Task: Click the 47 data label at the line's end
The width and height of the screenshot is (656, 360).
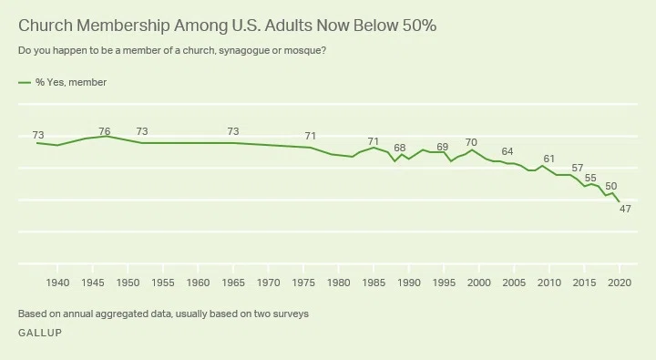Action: tap(625, 209)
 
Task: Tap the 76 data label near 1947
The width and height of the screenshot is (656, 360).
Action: tap(105, 131)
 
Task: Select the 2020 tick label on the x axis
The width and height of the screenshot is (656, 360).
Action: tap(620, 283)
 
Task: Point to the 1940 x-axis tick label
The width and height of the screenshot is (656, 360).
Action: tap(57, 283)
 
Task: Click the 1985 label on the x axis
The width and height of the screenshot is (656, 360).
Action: tap(374, 283)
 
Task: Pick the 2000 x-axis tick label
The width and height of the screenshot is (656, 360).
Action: tap(479, 283)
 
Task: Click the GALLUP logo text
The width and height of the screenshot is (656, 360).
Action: tap(40, 333)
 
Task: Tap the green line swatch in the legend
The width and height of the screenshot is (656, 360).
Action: tap(25, 83)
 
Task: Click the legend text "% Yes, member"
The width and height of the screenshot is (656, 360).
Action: tap(71, 82)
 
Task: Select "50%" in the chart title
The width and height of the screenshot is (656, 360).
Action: tap(420, 26)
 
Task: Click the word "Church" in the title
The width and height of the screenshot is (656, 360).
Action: tap(46, 26)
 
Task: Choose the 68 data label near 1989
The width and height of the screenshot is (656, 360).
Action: tap(400, 148)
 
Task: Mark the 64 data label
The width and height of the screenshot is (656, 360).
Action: tap(507, 151)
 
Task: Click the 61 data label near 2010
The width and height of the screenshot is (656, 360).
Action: tap(548, 159)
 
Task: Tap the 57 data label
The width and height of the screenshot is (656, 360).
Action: tap(578, 169)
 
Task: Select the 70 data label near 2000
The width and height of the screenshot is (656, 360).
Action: tap(471, 143)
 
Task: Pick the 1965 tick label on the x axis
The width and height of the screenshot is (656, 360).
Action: tap(233, 283)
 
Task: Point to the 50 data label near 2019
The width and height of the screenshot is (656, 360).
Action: tap(610, 186)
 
